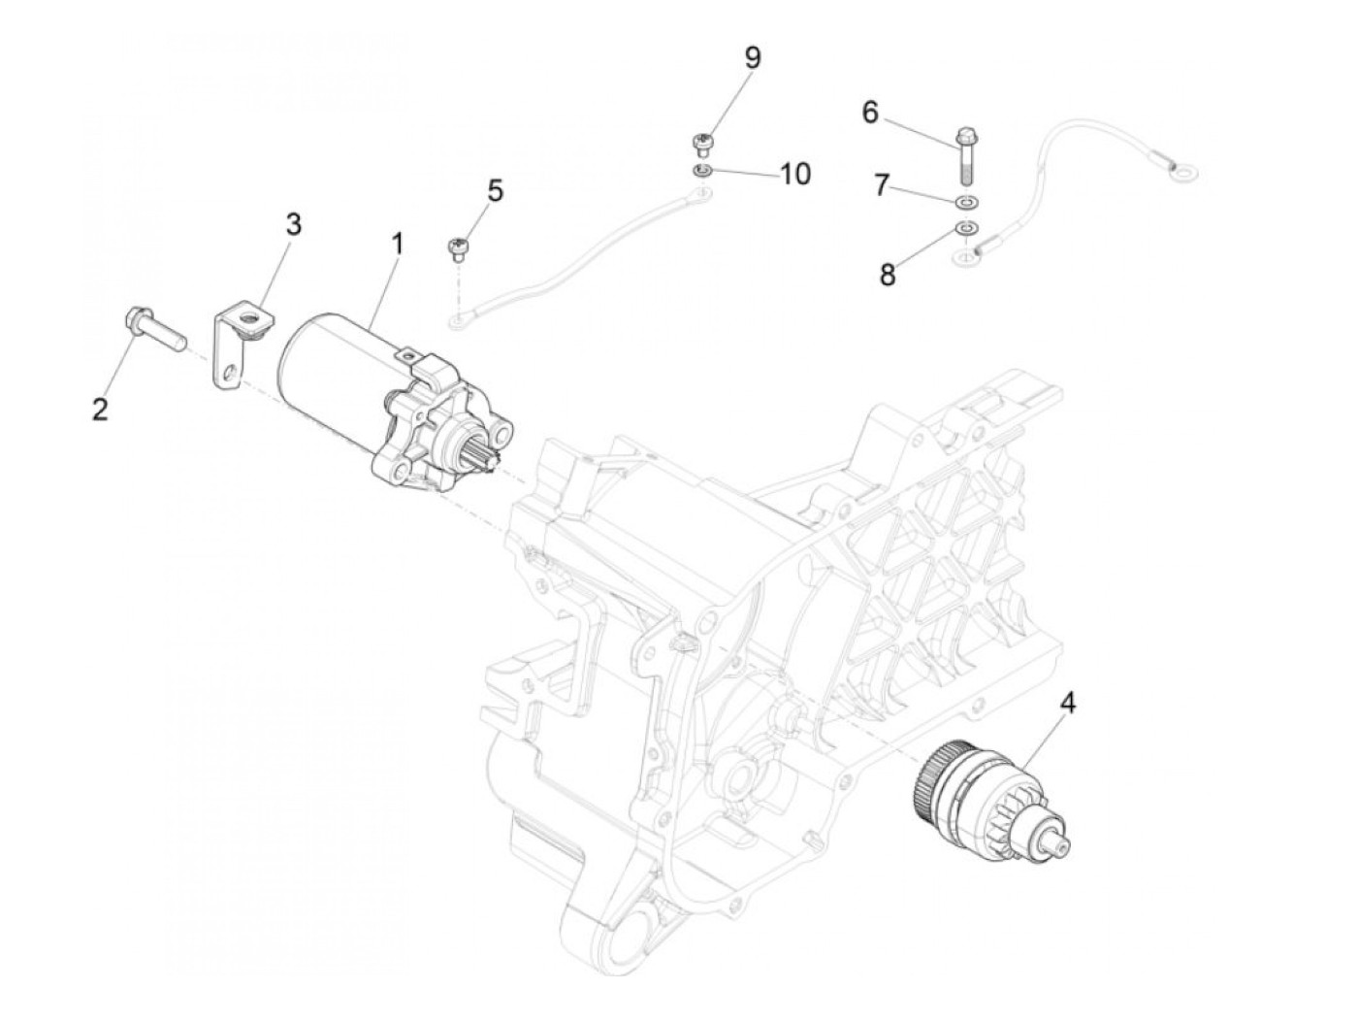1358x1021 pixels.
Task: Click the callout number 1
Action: tap(396, 244)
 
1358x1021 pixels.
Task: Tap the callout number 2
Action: tap(100, 409)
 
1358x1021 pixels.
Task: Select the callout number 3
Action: tap(292, 224)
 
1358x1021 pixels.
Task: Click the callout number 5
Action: tap(495, 190)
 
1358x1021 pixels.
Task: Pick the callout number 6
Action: tap(870, 113)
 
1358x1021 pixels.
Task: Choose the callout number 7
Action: tap(881, 184)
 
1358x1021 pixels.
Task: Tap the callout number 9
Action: tap(752, 57)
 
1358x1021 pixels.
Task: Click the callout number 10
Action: tap(794, 174)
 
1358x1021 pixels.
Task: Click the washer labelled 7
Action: tap(967, 202)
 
